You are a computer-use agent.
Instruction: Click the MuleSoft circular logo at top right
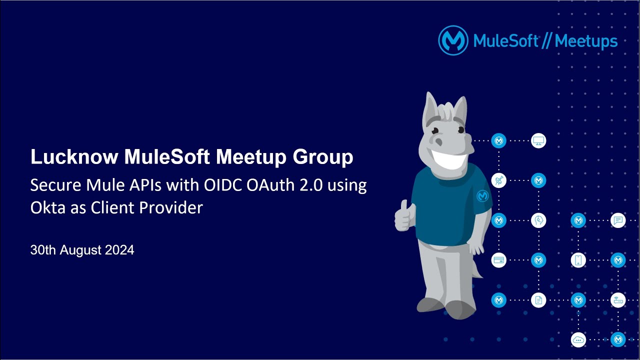point(453,40)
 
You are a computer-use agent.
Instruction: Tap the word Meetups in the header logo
point(586,41)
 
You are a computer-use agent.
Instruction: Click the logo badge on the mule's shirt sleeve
point(482,196)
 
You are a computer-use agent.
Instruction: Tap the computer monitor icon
point(538,140)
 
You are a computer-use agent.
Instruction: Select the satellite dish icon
point(498,180)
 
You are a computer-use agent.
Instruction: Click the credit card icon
point(498,260)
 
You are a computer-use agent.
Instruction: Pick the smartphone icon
point(578,260)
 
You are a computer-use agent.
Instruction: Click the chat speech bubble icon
point(618,220)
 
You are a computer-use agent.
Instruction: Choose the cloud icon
point(578,339)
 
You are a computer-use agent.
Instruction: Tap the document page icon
point(538,300)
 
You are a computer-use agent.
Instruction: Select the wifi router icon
point(618,300)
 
